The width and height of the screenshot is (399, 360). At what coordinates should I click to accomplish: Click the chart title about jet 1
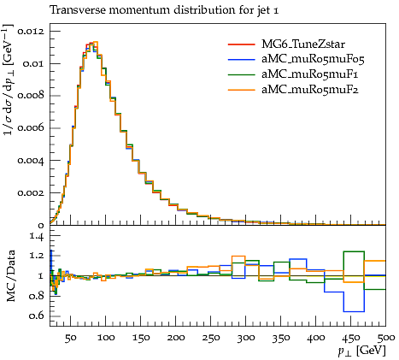point(164,10)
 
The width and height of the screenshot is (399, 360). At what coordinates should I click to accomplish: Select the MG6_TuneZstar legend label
point(303,44)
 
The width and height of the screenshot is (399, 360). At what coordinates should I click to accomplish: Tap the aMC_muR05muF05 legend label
point(313,59)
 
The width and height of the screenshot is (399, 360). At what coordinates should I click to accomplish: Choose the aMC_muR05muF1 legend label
point(310,74)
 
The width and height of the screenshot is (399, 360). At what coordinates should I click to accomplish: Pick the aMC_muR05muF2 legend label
point(310,90)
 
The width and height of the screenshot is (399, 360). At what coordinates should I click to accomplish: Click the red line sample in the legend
point(241,44)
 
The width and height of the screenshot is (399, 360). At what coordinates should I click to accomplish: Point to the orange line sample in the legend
point(241,90)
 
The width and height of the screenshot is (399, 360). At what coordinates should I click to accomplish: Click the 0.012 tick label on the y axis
point(31,31)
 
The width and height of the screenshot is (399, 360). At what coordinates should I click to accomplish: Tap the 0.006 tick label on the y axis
point(31,128)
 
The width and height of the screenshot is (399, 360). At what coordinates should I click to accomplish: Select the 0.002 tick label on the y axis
point(31,193)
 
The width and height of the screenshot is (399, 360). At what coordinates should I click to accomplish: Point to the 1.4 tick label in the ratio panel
point(37,236)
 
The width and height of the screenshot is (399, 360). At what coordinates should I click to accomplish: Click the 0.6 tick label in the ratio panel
point(37,316)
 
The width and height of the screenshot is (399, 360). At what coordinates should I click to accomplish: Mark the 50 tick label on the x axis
point(70,338)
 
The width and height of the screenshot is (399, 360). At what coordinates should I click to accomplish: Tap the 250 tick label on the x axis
point(211,338)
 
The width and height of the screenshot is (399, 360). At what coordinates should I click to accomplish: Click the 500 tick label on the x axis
point(386,338)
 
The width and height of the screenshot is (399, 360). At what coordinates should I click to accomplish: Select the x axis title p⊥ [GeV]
point(361,351)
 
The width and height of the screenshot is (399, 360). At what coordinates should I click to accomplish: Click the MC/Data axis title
point(10,276)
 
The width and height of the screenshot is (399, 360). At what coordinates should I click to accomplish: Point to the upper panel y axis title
point(8,80)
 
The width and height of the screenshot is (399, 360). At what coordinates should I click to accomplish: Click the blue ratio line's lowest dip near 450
point(354,311)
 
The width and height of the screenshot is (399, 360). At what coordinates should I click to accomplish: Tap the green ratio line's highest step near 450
point(354,251)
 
